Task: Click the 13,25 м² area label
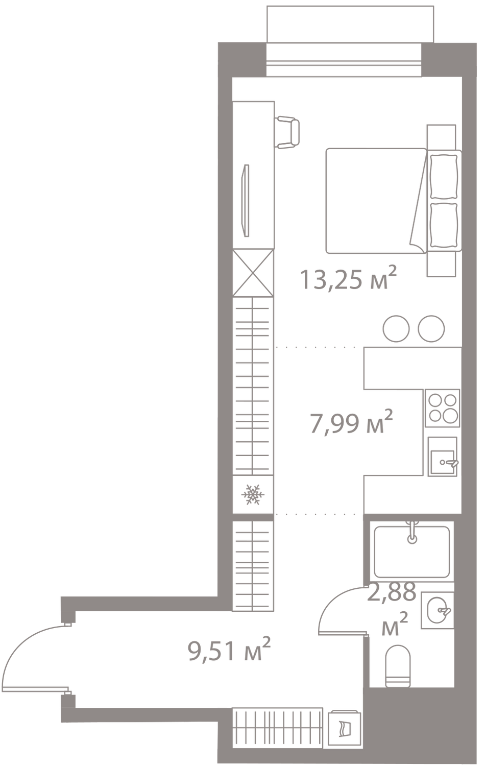point(348,278)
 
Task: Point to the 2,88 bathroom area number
point(392,591)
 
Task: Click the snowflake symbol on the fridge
point(253,494)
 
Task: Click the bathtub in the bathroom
point(412,551)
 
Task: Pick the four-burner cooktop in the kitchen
point(443,409)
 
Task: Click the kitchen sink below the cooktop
point(443,457)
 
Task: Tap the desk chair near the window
point(288,132)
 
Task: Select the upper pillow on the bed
point(444,177)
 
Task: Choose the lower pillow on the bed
point(444,225)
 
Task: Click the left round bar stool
point(396,328)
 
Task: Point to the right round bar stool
point(431,328)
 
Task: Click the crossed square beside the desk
point(253,273)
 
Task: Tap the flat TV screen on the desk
point(245,200)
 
